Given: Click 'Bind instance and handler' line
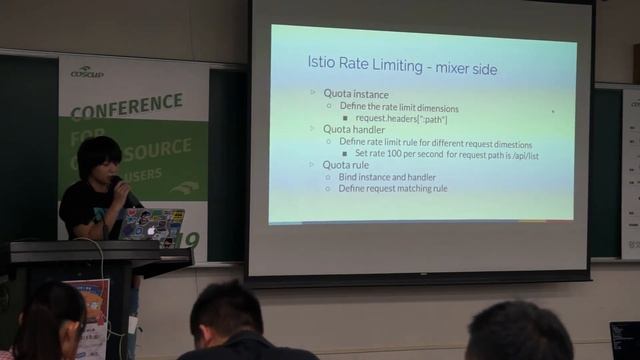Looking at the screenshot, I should pos(391,176).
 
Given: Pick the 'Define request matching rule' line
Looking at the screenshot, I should pos(393,188).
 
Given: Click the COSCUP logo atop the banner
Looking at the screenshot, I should pos(87,72).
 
